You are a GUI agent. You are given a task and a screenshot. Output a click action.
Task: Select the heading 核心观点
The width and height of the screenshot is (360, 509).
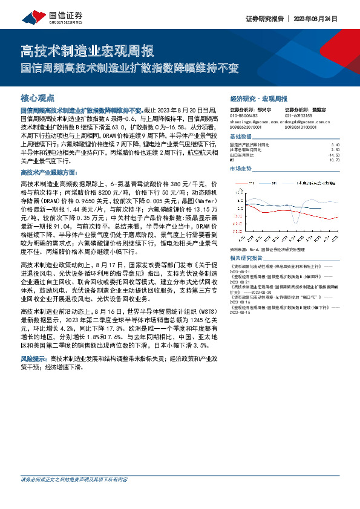coord(38,97)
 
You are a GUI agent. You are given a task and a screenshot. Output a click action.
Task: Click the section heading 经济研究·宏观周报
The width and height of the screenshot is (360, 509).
coord(259,97)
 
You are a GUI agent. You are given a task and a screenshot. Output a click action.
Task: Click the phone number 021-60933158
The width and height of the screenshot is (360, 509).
coord(298,114)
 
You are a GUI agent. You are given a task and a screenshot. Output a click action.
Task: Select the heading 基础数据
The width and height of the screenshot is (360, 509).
coord(241,137)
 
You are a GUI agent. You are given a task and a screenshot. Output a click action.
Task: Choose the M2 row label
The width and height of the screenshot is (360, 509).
coord(232,160)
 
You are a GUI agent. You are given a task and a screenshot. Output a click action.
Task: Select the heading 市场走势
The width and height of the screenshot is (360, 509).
coord(241,169)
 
